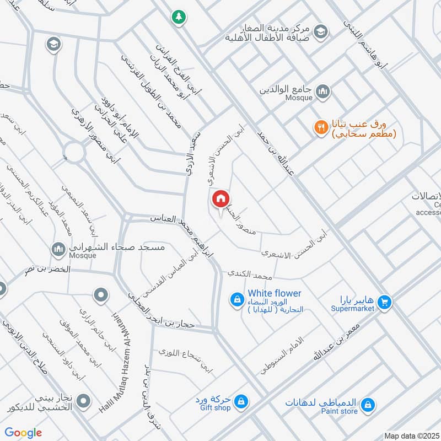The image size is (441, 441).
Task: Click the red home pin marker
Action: coord(220,199)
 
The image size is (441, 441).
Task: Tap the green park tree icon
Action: coord(178,17)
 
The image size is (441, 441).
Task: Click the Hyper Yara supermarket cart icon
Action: coord(385,302)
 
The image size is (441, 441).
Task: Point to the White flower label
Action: coord(275,293)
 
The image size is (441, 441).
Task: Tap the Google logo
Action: coord(24,433)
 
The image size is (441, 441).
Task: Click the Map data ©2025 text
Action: coord(412,435)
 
